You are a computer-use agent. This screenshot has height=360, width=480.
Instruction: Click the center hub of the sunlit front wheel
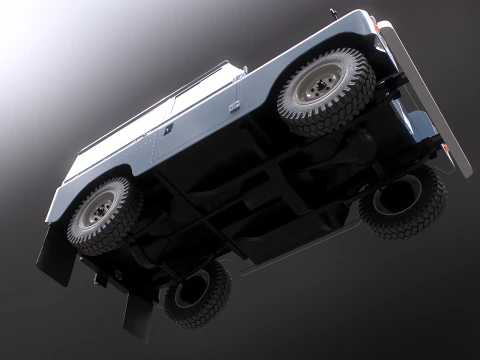click(318, 89)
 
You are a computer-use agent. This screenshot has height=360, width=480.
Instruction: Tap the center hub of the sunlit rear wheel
click(97, 210)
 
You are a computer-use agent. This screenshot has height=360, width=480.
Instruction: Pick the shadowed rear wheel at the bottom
click(195, 292)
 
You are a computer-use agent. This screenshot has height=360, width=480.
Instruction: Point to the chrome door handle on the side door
click(234, 105)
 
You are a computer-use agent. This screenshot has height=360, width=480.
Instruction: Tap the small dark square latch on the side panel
click(167, 129)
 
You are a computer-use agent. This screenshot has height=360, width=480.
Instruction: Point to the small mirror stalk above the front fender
click(333, 14)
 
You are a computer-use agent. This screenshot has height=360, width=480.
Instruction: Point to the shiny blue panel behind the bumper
click(420, 125)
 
